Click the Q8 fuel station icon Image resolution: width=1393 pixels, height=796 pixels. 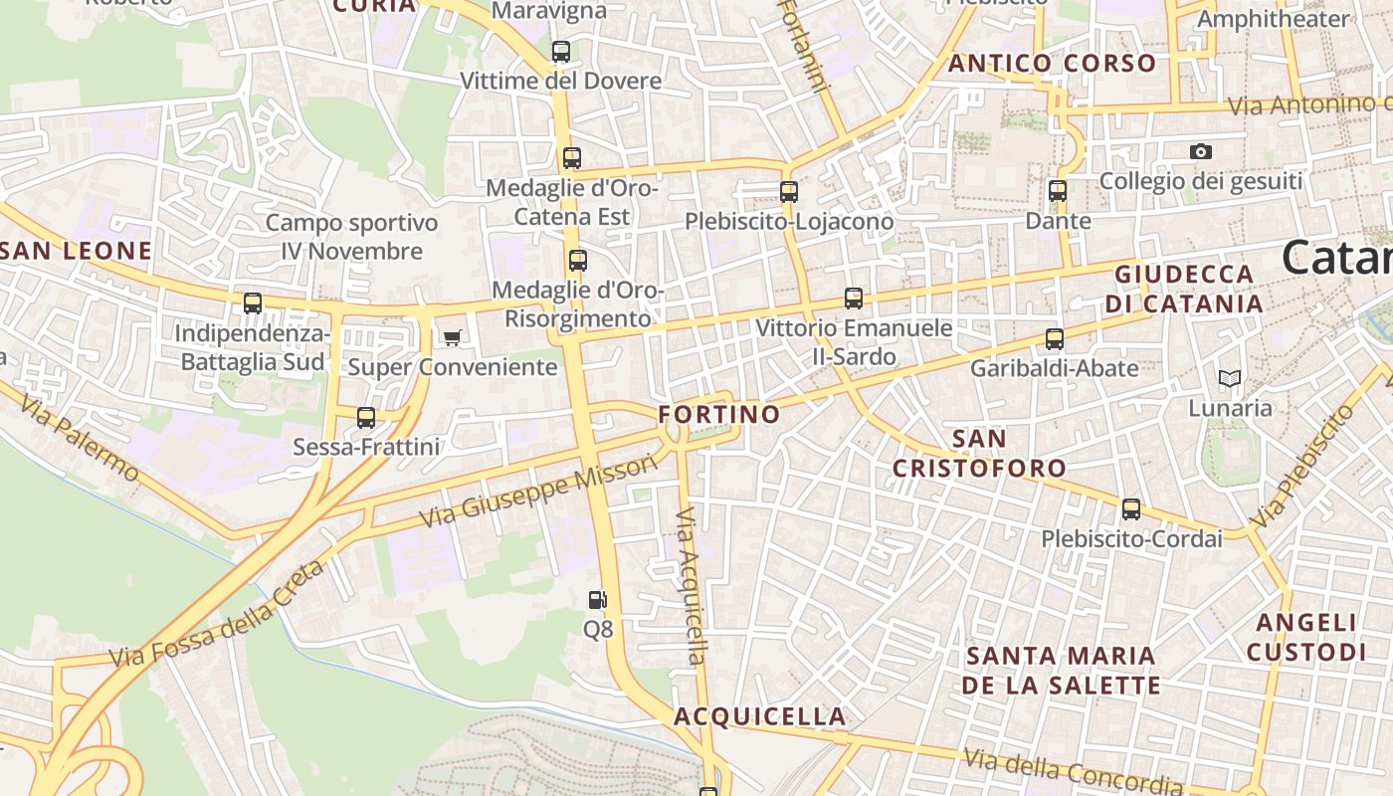click(x=597, y=599)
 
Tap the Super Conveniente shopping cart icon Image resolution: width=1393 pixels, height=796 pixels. click(x=452, y=337)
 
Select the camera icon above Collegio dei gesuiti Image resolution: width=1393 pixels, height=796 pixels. click(x=1201, y=151)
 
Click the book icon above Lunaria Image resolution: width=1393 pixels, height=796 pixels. click(x=1230, y=378)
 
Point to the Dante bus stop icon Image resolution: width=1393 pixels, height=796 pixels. click(x=1058, y=190)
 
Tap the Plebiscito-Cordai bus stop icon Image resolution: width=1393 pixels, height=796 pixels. click(x=1131, y=509)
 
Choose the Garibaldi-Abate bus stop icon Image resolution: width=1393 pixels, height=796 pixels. click(x=1055, y=338)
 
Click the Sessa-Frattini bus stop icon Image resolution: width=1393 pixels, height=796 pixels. click(x=366, y=417)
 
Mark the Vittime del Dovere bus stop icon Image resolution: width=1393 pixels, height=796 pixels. click(x=561, y=51)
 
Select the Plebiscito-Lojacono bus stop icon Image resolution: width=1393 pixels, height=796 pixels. click(x=789, y=191)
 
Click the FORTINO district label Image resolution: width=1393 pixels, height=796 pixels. click(x=719, y=414)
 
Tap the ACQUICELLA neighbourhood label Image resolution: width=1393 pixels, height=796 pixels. click(x=760, y=716)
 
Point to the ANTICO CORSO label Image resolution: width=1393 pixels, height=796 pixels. click(x=1053, y=64)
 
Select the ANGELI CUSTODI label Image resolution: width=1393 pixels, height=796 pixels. click(x=1305, y=638)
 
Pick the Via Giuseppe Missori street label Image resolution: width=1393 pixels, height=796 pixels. click(x=538, y=493)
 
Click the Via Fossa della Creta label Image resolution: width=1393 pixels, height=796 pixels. click(x=216, y=616)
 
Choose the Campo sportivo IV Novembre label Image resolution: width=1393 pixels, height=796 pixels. click(x=351, y=237)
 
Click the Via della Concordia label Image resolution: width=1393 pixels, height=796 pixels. click(x=1073, y=771)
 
